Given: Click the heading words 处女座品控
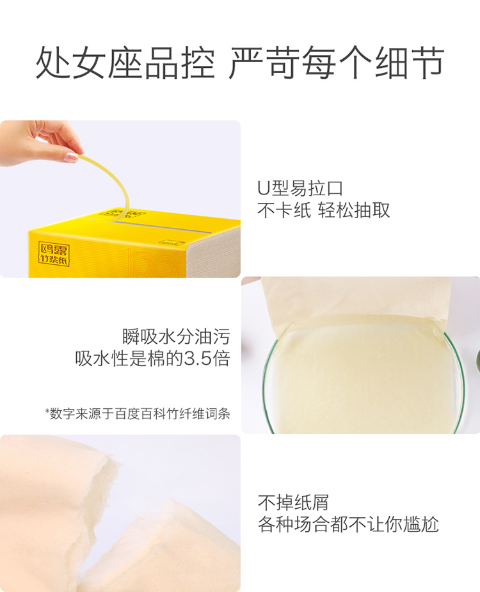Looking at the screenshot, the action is tap(125, 63).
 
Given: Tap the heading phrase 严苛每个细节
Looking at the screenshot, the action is tap(336, 63).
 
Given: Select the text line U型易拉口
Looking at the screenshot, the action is tap(300, 188).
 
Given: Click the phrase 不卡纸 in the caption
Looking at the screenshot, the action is tap(284, 210).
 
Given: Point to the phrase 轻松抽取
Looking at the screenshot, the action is tap(353, 210).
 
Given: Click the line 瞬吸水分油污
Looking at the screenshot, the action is tap(176, 337).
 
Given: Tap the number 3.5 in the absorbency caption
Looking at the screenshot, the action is tap(197, 358).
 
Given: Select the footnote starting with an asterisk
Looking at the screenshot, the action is tap(138, 413).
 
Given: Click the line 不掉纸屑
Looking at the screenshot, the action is tap(293, 502).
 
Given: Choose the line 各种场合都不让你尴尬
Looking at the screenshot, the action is tap(348, 524).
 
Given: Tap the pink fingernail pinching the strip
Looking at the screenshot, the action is tap(70, 157).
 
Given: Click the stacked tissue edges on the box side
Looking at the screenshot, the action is tap(214, 250).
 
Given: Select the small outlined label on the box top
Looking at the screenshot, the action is tap(172, 243).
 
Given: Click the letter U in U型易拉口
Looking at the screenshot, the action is tap(263, 188).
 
